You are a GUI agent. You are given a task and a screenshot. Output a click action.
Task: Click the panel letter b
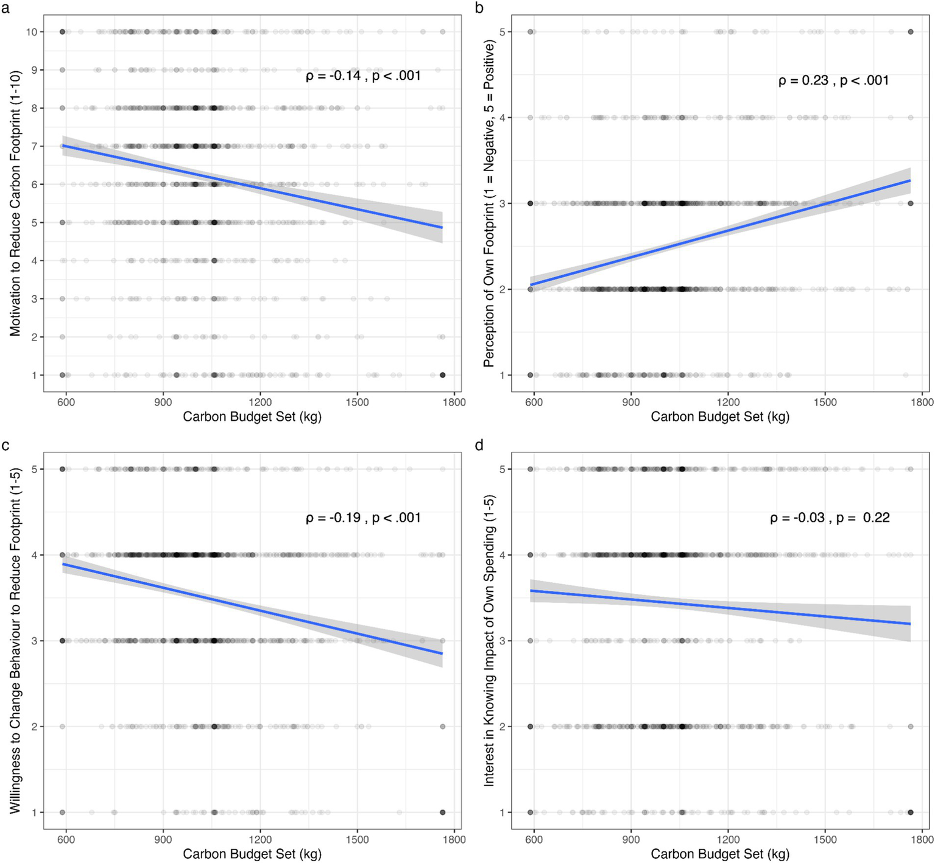pyautogui.click(x=479, y=8)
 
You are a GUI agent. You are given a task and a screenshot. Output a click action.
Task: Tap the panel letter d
pyautogui.click(x=479, y=445)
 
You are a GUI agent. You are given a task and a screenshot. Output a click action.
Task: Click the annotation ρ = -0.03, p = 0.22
pyautogui.click(x=830, y=518)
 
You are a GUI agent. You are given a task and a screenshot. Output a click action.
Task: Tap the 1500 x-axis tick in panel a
pyautogui.click(x=357, y=402)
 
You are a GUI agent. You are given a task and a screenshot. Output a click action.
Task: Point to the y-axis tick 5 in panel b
pyautogui.click(x=502, y=32)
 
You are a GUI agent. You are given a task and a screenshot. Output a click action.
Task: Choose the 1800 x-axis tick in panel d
pyautogui.click(x=922, y=839)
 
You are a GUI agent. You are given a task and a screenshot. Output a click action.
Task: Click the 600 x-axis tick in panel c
pyautogui.click(x=66, y=839)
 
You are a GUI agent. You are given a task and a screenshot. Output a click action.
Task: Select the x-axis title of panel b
pyautogui.click(x=720, y=417)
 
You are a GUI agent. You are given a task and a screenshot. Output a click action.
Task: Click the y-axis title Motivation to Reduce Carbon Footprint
pyautogui.click(x=15, y=203)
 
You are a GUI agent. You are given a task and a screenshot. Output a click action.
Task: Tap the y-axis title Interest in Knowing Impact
pyautogui.click(x=489, y=640)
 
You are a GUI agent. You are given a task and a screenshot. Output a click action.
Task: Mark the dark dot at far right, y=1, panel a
pyautogui.click(x=442, y=375)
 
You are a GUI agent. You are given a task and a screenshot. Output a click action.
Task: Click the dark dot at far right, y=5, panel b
pyautogui.click(x=911, y=32)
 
